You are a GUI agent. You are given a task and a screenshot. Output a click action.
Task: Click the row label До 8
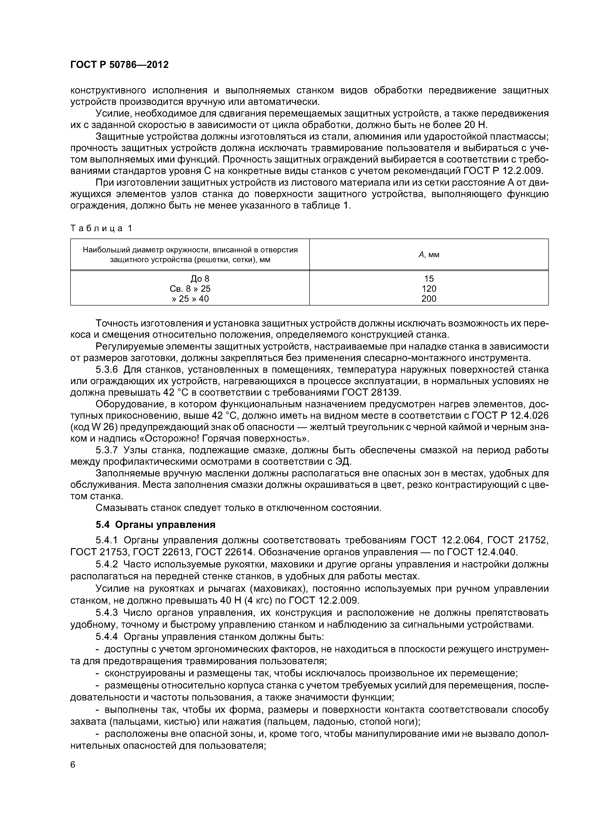click(x=200, y=279)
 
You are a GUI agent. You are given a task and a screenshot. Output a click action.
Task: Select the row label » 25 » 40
click(x=190, y=299)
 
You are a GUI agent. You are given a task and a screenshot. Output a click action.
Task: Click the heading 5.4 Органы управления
click(x=155, y=525)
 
